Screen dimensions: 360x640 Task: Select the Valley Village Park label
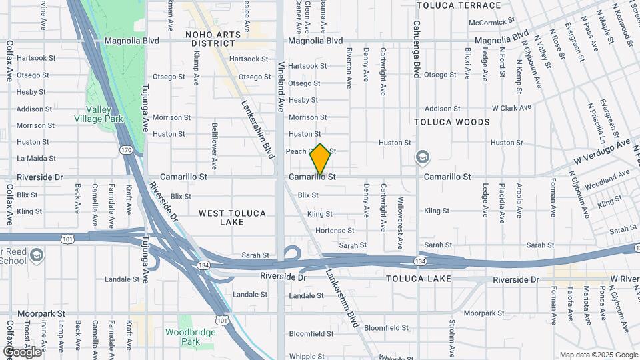click(x=105, y=114)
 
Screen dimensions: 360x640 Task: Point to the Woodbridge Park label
click(x=191, y=337)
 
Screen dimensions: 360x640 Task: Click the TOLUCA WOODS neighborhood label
click(x=452, y=122)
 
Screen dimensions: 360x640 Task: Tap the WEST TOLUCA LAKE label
click(x=232, y=217)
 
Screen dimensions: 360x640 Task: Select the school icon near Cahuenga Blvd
click(x=423, y=158)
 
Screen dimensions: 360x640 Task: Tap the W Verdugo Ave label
click(x=603, y=153)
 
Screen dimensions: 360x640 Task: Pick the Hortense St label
click(x=335, y=231)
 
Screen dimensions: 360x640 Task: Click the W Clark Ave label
click(x=511, y=107)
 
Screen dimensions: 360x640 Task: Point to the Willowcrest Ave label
click(x=400, y=207)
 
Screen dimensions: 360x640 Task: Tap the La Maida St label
click(x=36, y=159)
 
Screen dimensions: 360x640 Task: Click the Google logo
click(x=22, y=351)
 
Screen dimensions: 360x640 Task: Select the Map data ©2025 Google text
click(x=598, y=355)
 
